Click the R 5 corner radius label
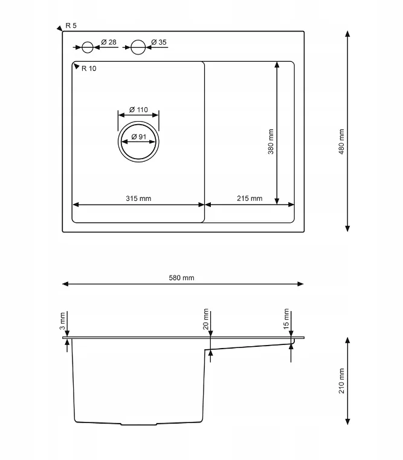point(71,26)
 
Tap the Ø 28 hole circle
point(87,42)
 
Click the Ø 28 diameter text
point(109,42)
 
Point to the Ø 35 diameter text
point(159,42)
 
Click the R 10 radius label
point(89,68)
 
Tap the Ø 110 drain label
point(138,110)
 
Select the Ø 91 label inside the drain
point(139,137)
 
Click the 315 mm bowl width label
point(138,199)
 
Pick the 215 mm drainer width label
point(250,199)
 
